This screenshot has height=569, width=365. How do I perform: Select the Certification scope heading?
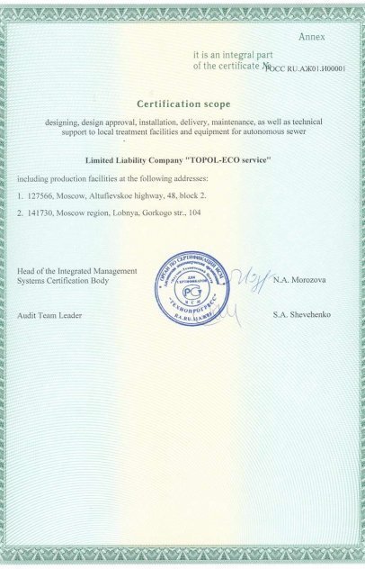pyautogui.click(x=182, y=104)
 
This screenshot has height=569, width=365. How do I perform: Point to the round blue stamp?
pyautogui.click(x=191, y=291)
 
